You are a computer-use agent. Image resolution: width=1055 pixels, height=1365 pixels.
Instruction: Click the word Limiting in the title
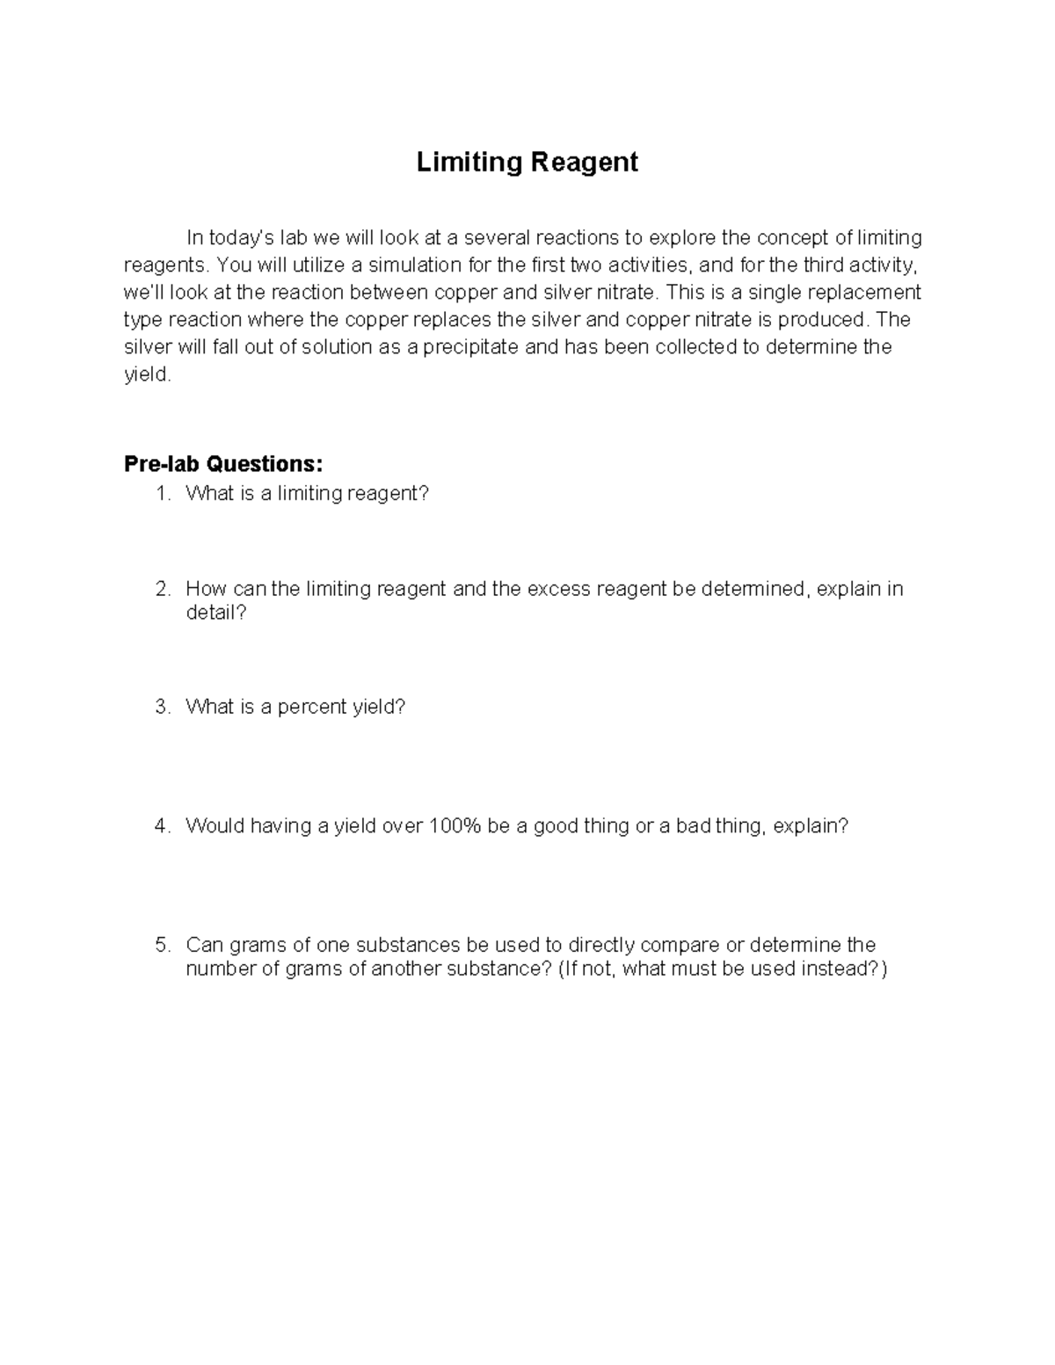[x=469, y=163]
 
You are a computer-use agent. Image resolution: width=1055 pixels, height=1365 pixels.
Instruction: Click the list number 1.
[x=162, y=494]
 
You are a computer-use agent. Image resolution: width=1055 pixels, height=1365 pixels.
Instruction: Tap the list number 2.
[x=162, y=589]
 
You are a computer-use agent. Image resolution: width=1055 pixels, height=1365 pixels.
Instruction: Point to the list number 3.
[x=162, y=708]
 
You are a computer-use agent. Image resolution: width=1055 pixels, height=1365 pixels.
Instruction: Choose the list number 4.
[x=162, y=826]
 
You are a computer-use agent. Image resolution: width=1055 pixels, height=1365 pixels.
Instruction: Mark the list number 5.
[x=162, y=946]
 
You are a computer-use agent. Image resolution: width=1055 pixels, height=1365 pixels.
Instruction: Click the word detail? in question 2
[x=216, y=613]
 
